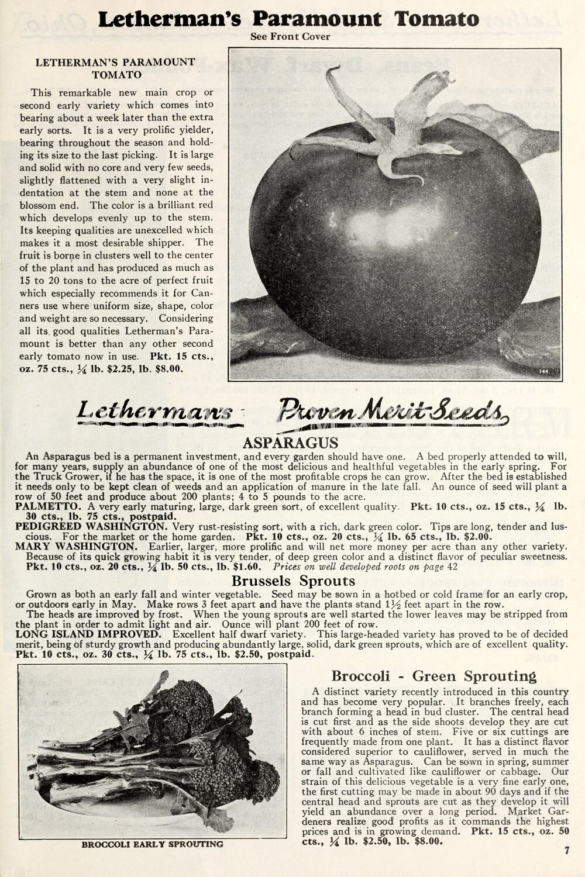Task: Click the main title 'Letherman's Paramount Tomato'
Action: pyautogui.click(x=288, y=19)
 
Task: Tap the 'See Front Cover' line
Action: pyautogui.click(x=290, y=37)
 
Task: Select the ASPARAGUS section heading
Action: pyautogui.click(x=290, y=443)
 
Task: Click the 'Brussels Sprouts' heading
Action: pyautogui.click(x=293, y=581)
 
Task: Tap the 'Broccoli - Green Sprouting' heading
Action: pyautogui.click(x=433, y=676)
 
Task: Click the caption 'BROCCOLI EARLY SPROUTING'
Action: pyautogui.click(x=152, y=844)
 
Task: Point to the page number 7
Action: pyautogui.click(x=566, y=851)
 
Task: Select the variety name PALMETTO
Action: pyautogui.click(x=48, y=506)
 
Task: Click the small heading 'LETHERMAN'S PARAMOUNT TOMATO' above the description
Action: pyautogui.click(x=115, y=68)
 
